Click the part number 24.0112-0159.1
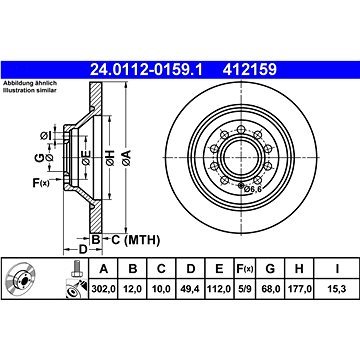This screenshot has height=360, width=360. click(x=146, y=69)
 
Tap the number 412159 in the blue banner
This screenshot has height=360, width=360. click(x=250, y=69)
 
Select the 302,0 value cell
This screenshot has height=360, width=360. click(x=103, y=289)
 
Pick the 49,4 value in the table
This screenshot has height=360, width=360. click(x=190, y=289)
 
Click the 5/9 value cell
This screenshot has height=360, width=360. click(x=245, y=289)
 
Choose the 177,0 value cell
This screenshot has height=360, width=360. click(x=299, y=289)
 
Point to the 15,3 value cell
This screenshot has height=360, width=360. click(x=337, y=289)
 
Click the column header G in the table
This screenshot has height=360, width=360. click(x=270, y=268)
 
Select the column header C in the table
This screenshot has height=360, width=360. click(x=161, y=268)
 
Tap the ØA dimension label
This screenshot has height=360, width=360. click(x=126, y=158)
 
